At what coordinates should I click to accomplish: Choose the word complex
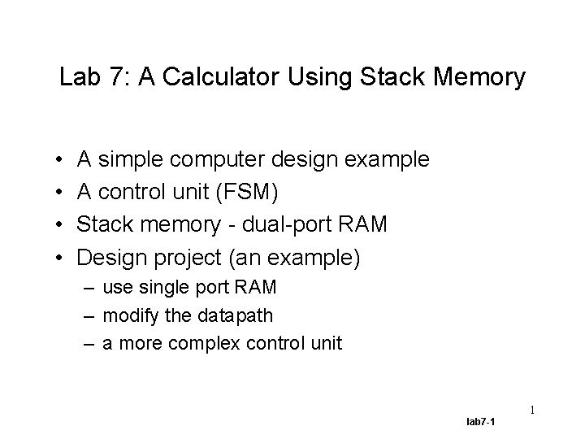(199, 343)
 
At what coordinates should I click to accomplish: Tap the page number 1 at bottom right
(532, 411)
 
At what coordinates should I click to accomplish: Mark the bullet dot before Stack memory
(61, 224)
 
